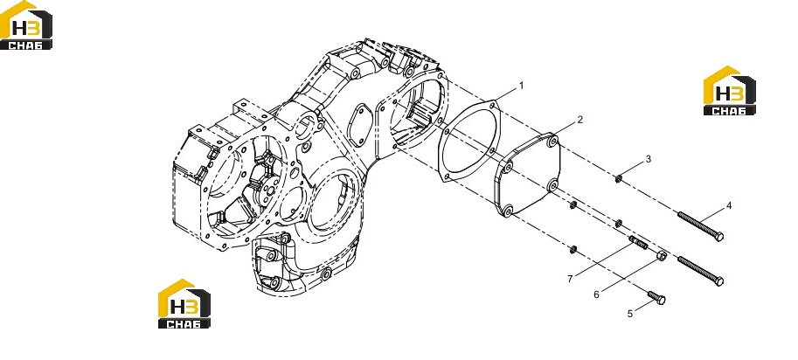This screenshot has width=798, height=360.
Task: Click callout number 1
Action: tap(521, 87)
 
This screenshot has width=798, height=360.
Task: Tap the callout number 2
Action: tap(579, 120)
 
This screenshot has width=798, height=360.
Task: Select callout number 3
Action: tap(649, 159)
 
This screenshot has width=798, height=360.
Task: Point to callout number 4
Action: tap(729, 206)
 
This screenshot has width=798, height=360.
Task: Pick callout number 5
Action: tap(630, 314)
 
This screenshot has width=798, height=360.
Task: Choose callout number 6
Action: tap(596, 294)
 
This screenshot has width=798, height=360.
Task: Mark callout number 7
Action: tap(571, 279)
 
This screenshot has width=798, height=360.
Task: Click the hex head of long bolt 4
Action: tap(718, 237)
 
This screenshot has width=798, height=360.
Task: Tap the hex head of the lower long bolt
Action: tap(718, 281)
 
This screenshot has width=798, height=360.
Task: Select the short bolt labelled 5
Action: tap(656, 297)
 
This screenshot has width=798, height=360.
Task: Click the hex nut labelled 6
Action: tap(661, 256)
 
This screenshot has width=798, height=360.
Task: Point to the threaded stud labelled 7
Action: tap(638, 243)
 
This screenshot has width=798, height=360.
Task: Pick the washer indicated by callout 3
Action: tap(618, 178)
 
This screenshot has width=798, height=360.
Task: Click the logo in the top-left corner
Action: tap(26, 25)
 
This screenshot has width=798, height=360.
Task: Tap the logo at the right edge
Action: tap(729, 91)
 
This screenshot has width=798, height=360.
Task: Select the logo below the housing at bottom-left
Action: tap(184, 303)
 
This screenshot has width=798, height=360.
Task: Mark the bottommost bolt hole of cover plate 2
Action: tap(508, 210)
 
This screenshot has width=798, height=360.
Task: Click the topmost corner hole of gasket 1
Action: tap(492, 105)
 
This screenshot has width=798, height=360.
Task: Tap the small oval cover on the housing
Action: tap(360, 126)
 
